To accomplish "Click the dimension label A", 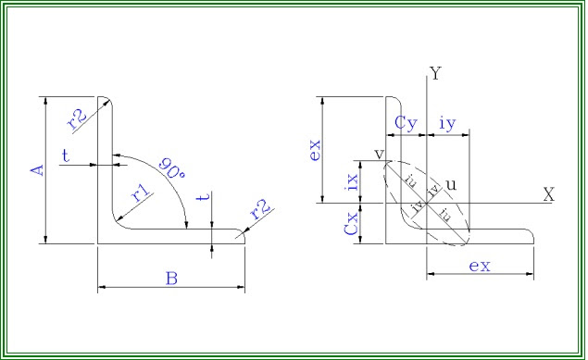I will [37, 170].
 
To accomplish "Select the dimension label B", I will [171, 277].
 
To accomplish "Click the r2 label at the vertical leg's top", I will [77, 117].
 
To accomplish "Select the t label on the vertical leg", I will [66, 155].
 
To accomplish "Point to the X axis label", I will [548, 195].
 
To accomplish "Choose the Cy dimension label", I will [405, 122].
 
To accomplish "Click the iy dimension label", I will [447, 122].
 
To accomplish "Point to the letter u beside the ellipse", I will [451, 184].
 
